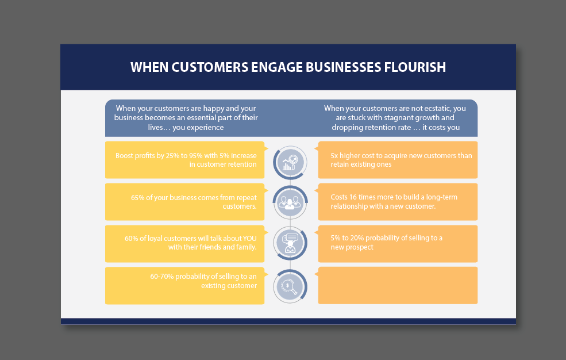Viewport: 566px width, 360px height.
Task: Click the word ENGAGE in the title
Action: point(275,67)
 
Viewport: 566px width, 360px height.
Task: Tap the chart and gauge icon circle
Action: point(290,160)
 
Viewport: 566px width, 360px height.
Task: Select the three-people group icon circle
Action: point(290,202)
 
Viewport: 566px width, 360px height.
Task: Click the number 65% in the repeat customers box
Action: point(138,198)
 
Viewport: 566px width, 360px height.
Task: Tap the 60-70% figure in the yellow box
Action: point(161,277)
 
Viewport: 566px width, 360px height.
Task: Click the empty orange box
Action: point(397,285)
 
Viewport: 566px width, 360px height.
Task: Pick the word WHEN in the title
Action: point(149,67)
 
